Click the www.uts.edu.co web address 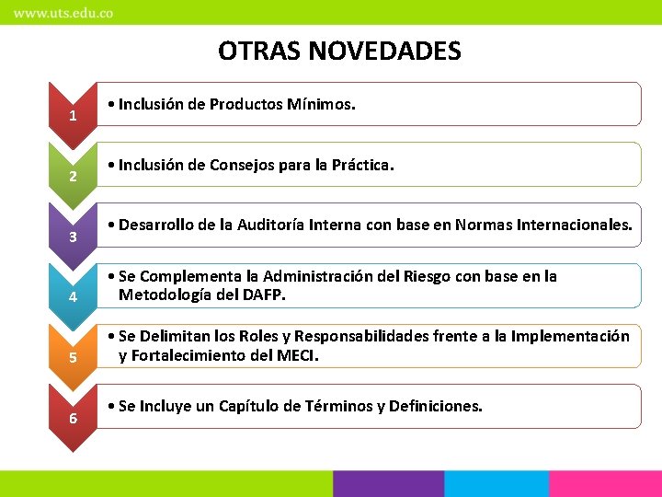pyautogui.click(x=63, y=14)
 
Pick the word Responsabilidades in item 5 pyautogui.click(x=364, y=337)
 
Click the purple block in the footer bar pyautogui.click(x=388, y=484)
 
